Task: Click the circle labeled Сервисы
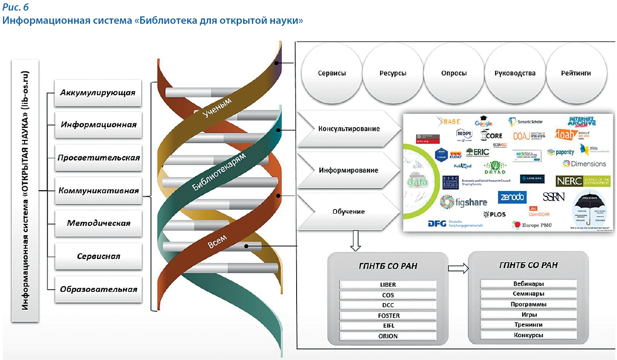pos(332,73)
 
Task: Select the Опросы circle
pos(454,73)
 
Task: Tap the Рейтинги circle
pos(576,73)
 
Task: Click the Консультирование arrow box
pos(349,129)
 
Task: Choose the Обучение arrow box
pos(348,212)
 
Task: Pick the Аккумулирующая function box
pos(98,93)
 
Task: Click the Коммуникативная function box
pos(98,191)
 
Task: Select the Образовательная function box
pos(98,289)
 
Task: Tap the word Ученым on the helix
pos(217,107)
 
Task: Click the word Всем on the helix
pos(217,242)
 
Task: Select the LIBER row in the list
pos(388,285)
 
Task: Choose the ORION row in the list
pos(388,336)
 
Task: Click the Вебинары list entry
pos(528,284)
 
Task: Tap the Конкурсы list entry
pos(528,335)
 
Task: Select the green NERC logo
pos(583,181)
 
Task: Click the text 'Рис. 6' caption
pos(16,7)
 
